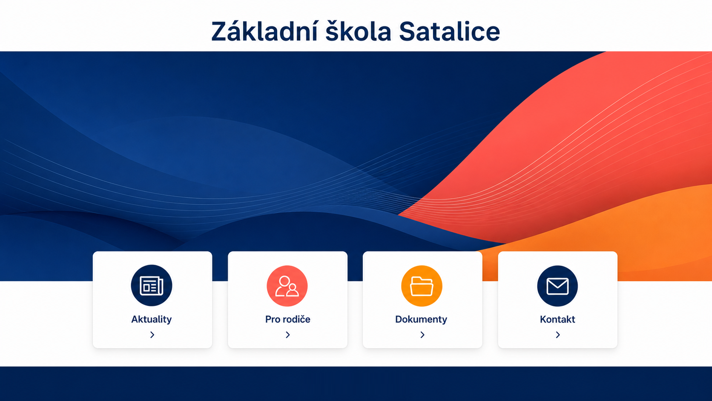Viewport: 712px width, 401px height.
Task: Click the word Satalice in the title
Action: point(449,31)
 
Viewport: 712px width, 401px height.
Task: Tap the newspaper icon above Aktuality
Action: point(152,286)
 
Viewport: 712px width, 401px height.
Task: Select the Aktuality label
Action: point(151,319)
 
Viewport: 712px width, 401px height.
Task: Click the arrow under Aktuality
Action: point(152,335)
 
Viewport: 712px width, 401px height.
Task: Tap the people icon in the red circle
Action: point(287,286)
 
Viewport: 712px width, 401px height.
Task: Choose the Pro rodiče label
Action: point(288,319)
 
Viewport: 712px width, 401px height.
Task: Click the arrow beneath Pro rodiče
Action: point(288,335)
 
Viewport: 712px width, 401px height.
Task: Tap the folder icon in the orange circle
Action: point(422,286)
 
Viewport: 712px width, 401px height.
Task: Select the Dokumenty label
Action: point(421,319)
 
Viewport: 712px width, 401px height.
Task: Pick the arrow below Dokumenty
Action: point(422,335)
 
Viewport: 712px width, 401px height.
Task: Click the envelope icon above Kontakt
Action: point(557,286)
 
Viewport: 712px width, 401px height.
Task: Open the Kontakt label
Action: point(557,319)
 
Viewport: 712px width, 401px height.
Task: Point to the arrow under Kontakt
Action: point(558,335)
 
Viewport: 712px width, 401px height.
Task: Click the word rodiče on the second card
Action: point(296,319)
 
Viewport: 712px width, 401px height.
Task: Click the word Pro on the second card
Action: point(273,319)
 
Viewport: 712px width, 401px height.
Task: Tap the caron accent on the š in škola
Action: point(333,22)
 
